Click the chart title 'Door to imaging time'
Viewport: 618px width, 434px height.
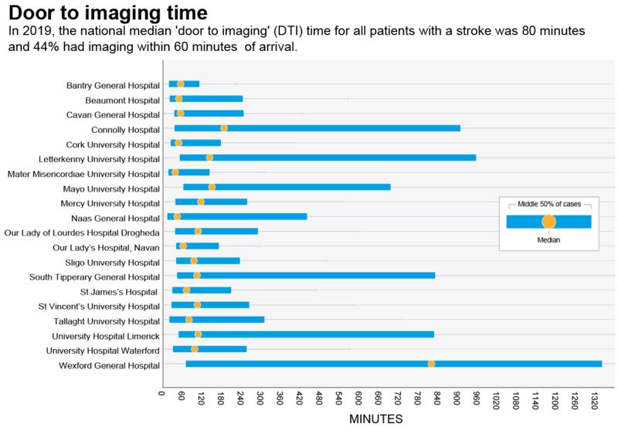click(109, 14)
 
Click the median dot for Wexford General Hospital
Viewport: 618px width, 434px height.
click(431, 364)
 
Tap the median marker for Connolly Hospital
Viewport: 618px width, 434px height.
click(224, 128)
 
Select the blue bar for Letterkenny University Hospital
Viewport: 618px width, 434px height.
click(328, 158)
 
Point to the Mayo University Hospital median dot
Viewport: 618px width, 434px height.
click(212, 187)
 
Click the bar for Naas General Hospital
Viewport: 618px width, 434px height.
click(237, 216)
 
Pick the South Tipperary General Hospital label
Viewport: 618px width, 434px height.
click(94, 276)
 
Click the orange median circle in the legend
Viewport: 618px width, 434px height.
click(548, 222)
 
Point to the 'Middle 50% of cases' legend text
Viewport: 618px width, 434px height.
click(548, 204)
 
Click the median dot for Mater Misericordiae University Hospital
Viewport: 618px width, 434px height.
click(175, 172)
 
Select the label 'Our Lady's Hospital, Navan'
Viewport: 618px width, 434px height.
click(107, 247)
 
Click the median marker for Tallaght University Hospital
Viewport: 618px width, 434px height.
click(188, 320)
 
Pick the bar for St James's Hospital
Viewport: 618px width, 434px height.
click(202, 290)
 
